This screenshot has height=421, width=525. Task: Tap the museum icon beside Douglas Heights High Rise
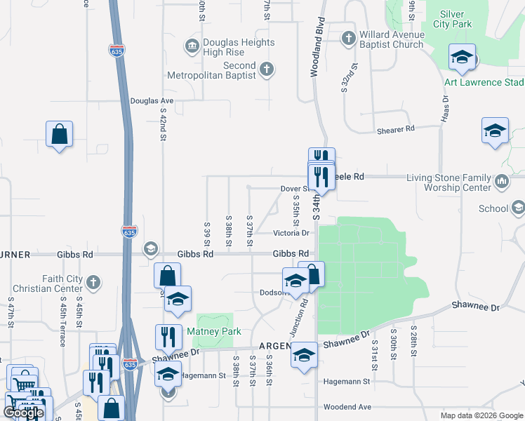click(x=191, y=47)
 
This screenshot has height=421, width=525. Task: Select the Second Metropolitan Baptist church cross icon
click(x=265, y=69)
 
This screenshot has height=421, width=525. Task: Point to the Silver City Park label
click(x=456, y=19)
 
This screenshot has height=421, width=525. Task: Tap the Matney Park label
click(x=213, y=331)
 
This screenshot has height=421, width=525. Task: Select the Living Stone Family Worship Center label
click(x=449, y=183)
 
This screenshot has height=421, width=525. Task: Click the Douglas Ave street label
click(x=152, y=101)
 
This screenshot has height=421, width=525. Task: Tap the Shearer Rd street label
click(x=396, y=128)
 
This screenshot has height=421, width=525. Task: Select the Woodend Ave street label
click(x=347, y=407)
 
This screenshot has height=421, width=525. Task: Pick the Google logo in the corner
click(x=24, y=413)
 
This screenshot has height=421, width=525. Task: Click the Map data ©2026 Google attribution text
click(x=481, y=415)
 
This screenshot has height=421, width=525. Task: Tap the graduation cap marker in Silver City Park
click(x=463, y=57)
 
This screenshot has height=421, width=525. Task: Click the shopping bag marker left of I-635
click(x=60, y=133)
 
